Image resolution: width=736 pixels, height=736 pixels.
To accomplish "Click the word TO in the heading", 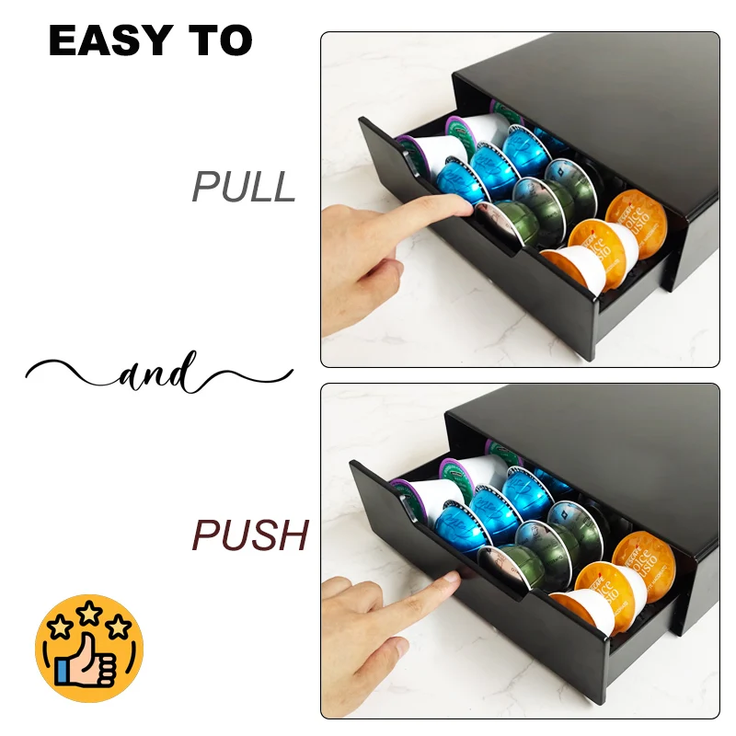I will (221, 40).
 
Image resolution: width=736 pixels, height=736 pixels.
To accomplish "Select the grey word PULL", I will (244, 187).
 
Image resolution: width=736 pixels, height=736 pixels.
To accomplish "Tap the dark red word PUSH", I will (250, 535).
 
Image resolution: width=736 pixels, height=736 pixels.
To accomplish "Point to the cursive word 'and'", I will (156, 374).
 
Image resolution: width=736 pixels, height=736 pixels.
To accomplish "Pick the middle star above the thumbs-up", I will (89, 614).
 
